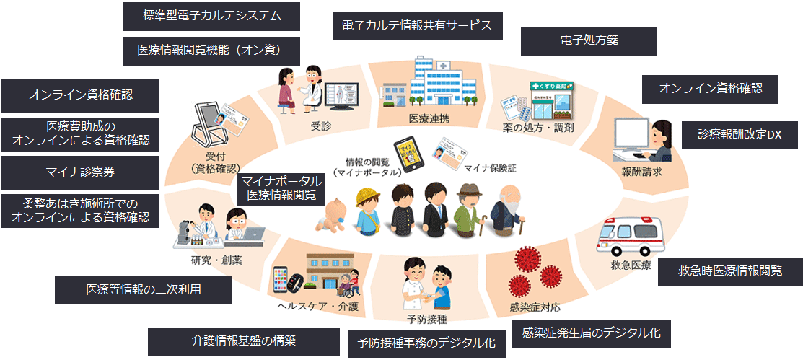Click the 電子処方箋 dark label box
click(x=589, y=41)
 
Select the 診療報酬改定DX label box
click(x=740, y=134)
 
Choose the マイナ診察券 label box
click(x=80, y=172)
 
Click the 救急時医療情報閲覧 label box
click(x=730, y=271)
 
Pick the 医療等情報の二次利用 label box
click(x=143, y=289)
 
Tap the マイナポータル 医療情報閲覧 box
click(x=281, y=187)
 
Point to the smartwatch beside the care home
click(x=283, y=281)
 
